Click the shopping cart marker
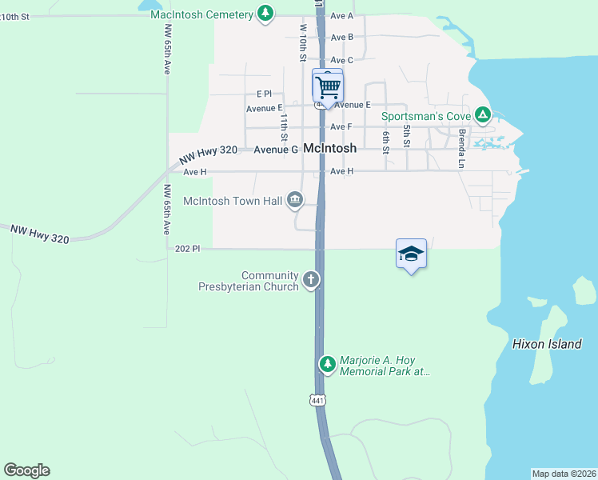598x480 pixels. click(327, 86)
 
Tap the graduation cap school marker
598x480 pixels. click(411, 254)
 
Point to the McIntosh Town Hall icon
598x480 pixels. click(295, 200)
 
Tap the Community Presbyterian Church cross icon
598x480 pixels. click(310, 280)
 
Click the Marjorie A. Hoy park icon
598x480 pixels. click(327, 365)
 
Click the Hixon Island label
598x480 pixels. click(547, 344)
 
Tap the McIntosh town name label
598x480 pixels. click(329, 149)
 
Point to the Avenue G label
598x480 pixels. click(276, 150)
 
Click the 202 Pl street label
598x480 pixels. click(185, 249)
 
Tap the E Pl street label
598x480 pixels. click(264, 94)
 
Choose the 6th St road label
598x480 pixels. click(385, 142)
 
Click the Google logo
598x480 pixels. click(26, 470)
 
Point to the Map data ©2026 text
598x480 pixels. click(564, 474)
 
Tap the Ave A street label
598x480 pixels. click(341, 16)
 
